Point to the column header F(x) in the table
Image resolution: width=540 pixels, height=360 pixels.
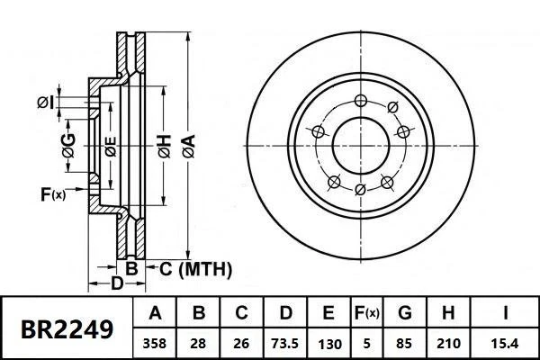pyautogui.click(x=367, y=313)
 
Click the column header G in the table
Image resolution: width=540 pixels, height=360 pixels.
pyautogui.click(x=405, y=313)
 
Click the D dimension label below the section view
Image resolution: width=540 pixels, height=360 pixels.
pyautogui.click(x=116, y=285)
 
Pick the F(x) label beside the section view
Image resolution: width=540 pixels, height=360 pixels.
pyautogui.click(x=53, y=193)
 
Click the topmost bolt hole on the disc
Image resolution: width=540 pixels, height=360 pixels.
pyautogui.click(x=360, y=100)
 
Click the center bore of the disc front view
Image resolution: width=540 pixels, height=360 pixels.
pyautogui.click(x=360, y=145)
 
